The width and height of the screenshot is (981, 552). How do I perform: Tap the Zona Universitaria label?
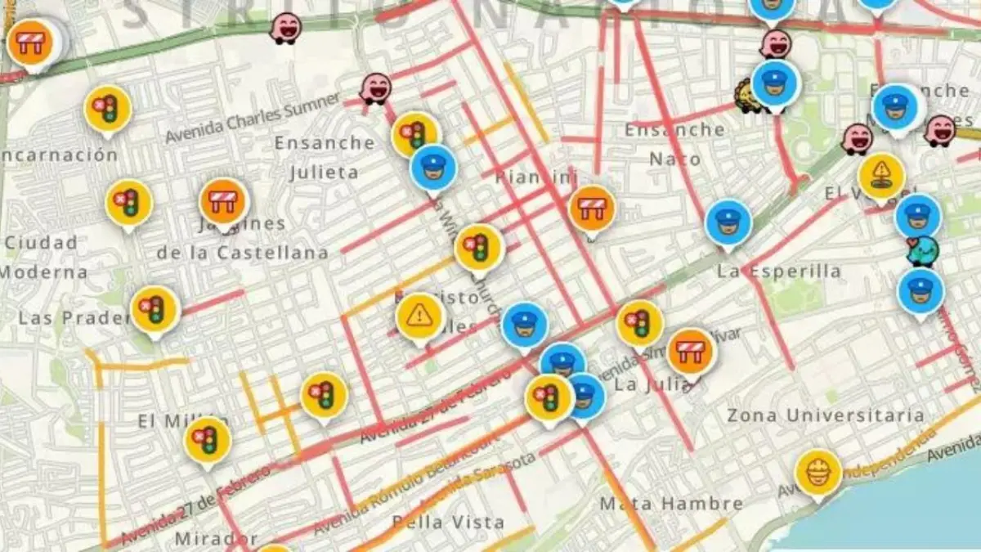tap(825, 415)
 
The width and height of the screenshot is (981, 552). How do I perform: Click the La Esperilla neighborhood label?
tap(778, 271)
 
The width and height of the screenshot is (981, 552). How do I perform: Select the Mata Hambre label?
tap(671, 504)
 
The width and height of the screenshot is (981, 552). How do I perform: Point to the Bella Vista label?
tap(448, 521)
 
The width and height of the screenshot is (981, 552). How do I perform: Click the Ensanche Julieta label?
tap(325, 157)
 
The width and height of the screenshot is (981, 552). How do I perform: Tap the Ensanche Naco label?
tap(674, 144)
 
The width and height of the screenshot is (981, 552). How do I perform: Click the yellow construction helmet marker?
tap(818, 472)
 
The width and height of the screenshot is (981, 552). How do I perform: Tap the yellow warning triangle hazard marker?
tap(419, 316)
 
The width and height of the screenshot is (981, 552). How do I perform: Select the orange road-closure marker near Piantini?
tap(591, 208)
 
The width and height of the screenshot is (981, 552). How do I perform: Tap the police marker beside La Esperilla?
tap(728, 222)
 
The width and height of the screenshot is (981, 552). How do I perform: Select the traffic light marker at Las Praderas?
tap(155, 308)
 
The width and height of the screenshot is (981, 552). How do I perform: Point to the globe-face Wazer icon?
tap(923, 251)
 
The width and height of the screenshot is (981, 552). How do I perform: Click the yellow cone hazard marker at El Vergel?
tap(881, 175)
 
